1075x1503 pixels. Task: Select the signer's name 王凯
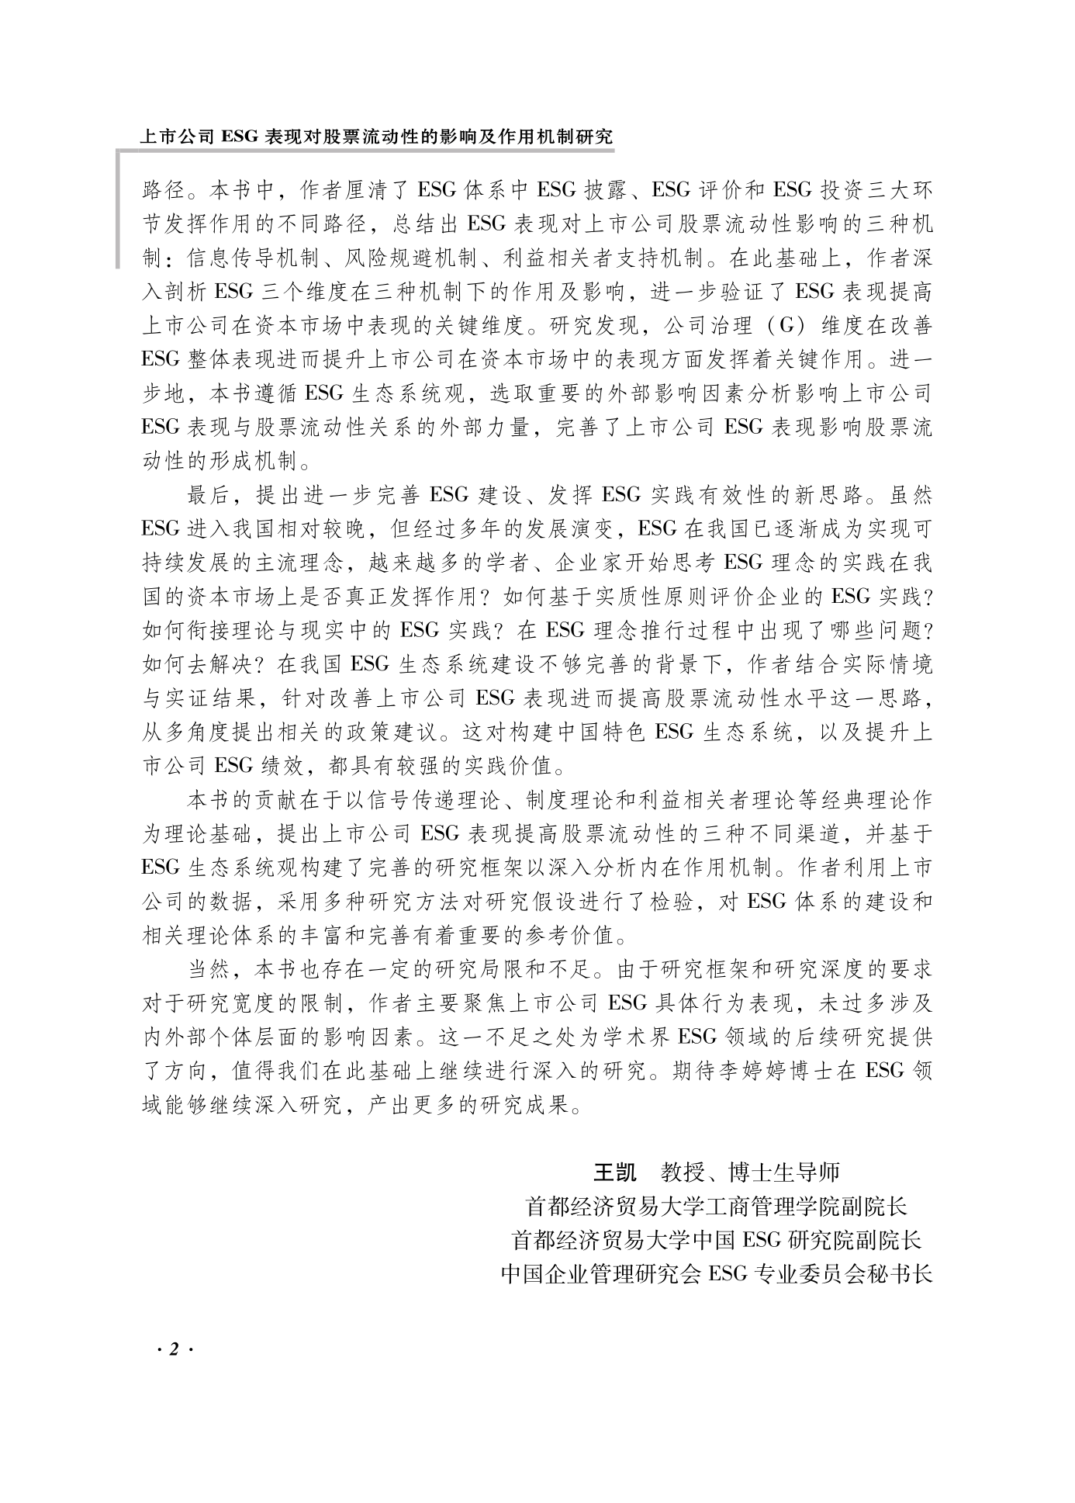click(x=614, y=1172)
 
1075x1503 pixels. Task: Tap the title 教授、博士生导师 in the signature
click(x=750, y=1172)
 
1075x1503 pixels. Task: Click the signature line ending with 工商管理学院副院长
click(x=716, y=1206)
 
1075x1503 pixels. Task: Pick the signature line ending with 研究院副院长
click(x=716, y=1240)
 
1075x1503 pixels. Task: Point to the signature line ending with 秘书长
click(x=716, y=1274)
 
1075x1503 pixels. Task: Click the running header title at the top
click(x=376, y=137)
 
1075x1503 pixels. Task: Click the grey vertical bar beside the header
click(x=119, y=210)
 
